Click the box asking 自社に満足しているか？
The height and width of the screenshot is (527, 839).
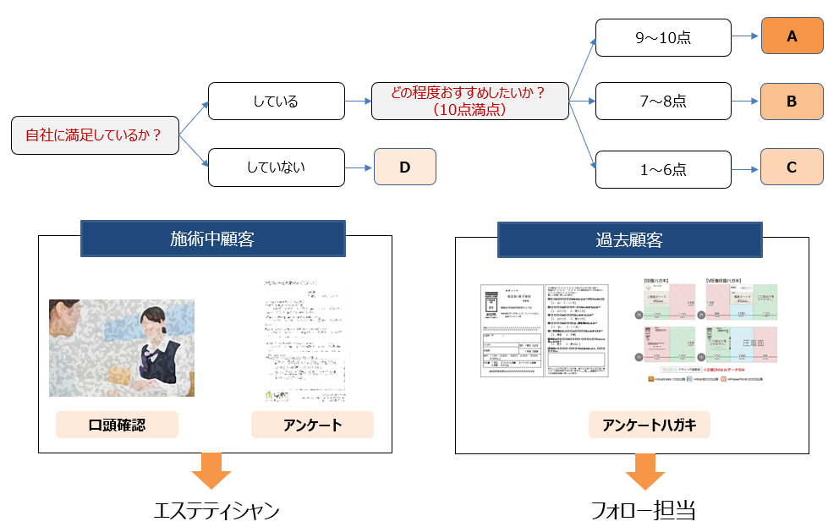point(95,135)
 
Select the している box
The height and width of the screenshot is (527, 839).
point(276,102)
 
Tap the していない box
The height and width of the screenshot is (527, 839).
point(276,167)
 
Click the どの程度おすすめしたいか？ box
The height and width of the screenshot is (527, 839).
point(469,102)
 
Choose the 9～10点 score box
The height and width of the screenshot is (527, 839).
point(663,37)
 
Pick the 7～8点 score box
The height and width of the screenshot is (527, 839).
point(663,102)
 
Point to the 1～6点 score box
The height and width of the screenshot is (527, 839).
point(663,169)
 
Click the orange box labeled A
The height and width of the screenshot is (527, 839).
point(792,36)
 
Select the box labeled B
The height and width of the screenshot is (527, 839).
point(792,102)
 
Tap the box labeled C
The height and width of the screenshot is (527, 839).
point(792,167)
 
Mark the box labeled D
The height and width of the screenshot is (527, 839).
point(404,167)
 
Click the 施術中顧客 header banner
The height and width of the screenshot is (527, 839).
point(212,239)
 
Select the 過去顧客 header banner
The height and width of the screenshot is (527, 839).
point(628,239)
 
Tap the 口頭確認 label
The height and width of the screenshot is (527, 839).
point(117,425)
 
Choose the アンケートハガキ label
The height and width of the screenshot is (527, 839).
point(649,425)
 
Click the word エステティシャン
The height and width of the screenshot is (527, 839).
point(217,510)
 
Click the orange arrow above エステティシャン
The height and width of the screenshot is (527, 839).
point(217,470)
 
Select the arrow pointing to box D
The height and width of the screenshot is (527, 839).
point(359,167)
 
